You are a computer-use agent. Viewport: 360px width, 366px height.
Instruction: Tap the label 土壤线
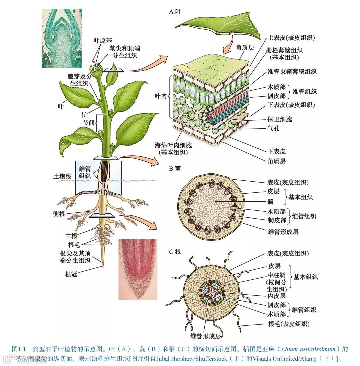(62, 176)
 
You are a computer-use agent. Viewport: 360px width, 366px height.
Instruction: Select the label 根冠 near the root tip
(72, 274)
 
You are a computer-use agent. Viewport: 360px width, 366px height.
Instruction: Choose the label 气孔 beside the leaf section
(273, 127)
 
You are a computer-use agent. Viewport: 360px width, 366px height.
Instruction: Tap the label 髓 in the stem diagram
(270, 201)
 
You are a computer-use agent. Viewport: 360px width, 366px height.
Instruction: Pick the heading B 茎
(175, 168)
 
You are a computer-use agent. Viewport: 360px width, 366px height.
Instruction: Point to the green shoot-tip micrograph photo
(62, 38)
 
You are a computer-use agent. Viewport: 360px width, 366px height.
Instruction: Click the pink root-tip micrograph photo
(137, 269)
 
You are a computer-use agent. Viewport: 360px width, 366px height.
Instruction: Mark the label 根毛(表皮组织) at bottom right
(288, 324)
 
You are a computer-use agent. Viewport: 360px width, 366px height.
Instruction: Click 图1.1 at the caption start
(19, 349)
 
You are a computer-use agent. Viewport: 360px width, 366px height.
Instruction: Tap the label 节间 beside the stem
(89, 122)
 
